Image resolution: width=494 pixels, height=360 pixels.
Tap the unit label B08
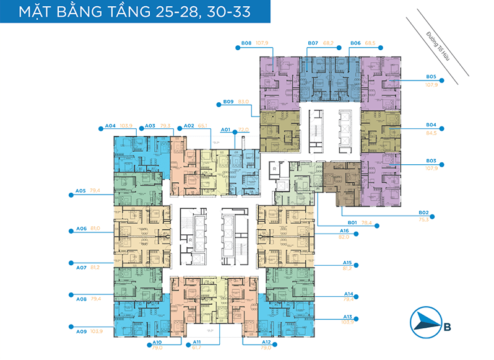tap(246, 43)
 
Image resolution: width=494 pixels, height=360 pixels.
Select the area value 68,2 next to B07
tap(329, 43)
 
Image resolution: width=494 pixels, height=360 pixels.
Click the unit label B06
tap(355, 43)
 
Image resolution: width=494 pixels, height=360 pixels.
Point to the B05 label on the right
tap(431, 76)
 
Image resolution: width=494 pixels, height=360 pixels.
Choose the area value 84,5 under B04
tap(431, 133)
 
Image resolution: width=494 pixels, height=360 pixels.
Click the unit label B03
tap(431, 160)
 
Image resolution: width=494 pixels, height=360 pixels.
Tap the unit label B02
tap(423, 212)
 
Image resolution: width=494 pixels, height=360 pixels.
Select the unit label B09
tap(228, 102)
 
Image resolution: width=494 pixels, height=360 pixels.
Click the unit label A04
tap(110, 126)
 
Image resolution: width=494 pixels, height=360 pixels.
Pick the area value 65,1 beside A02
tap(202, 126)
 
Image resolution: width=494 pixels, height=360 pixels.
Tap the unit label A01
tap(226, 130)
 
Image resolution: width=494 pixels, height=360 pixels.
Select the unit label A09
tap(81, 331)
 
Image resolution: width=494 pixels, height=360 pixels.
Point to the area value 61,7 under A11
tap(197, 349)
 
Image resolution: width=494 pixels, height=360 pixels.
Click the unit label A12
tap(249, 343)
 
